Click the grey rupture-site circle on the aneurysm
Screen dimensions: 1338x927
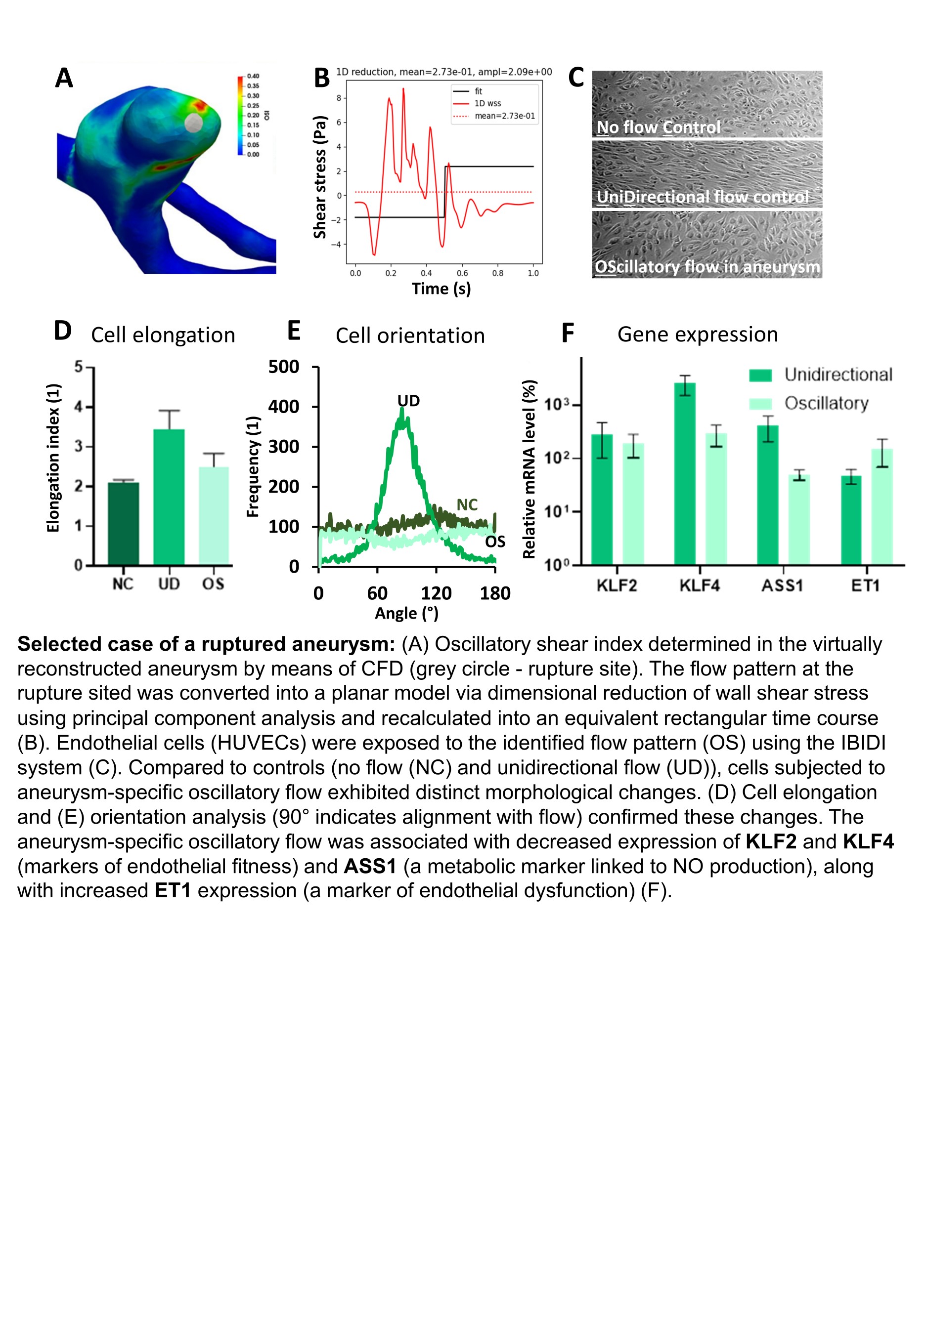[193, 123]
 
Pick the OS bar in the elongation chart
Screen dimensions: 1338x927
[214, 515]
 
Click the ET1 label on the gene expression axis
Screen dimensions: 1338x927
[865, 585]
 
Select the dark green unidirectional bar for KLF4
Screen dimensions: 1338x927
[685, 473]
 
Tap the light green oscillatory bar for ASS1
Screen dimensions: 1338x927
[799, 519]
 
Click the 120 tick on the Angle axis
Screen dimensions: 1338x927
[436, 593]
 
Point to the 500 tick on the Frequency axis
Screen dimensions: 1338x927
[283, 367]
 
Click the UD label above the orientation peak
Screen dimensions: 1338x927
[408, 401]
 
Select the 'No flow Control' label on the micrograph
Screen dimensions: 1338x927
[658, 127]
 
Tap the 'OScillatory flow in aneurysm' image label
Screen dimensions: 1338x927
[707, 266]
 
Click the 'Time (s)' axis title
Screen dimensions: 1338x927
[441, 289]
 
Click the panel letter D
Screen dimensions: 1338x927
[63, 331]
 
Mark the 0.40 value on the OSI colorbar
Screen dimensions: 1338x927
[253, 76]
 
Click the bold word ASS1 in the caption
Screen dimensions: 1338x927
[370, 866]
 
